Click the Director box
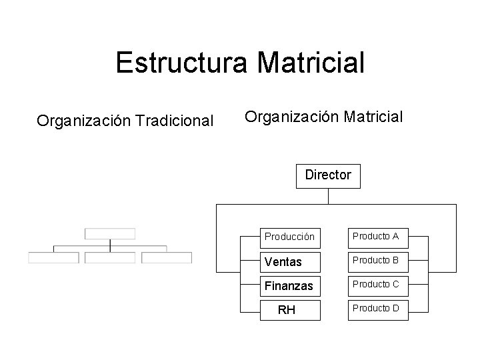(327, 176)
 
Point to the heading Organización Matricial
(323, 117)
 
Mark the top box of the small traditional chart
(110, 233)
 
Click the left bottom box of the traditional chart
(53, 257)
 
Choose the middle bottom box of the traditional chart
(110, 257)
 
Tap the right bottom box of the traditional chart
(167, 257)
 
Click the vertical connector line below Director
(328, 196)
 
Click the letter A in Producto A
(395, 236)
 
